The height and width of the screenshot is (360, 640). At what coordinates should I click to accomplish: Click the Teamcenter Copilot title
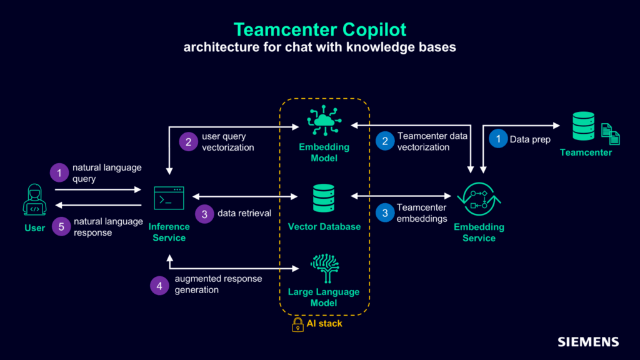click(319, 29)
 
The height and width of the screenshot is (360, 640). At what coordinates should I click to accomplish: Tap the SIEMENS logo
click(587, 342)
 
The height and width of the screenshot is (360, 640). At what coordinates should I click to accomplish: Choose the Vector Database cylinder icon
click(324, 199)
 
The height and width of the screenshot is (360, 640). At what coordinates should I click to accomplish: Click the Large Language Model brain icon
click(324, 269)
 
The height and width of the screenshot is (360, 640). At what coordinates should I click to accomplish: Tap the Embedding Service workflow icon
click(479, 199)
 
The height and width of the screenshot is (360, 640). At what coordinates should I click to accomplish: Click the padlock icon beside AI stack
click(298, 324)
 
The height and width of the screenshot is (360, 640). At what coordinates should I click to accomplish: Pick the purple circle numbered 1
click(59, 173)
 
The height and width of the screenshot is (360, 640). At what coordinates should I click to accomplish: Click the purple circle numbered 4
click(159, 286)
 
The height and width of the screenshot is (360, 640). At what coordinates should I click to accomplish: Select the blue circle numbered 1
click(498, 139)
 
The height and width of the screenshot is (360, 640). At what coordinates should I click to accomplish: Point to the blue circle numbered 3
click(385, 213)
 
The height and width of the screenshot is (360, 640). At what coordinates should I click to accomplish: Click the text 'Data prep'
click(530, 139)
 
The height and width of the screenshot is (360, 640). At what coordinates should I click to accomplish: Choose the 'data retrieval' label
click(244, 213)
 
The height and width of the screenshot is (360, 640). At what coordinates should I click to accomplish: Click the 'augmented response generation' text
click(218, 284)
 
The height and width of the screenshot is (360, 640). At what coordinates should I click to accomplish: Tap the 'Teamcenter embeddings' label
click(422, 213)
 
